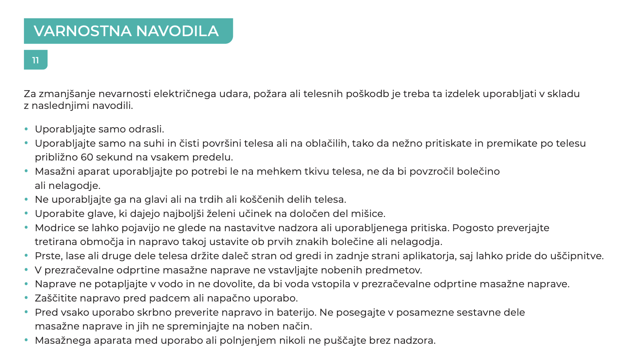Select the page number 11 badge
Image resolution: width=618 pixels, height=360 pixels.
(x=36, y=60)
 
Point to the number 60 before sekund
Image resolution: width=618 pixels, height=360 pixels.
(x=87, y=157)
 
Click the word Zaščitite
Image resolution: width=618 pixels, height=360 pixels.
(x=56, y=298)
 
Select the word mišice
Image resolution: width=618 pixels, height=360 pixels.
(x=369, y=214)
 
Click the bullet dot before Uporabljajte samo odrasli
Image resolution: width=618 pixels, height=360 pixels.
(x=26, y=129)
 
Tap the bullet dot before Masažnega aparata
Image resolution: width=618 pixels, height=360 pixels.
(x=26, y=340)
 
